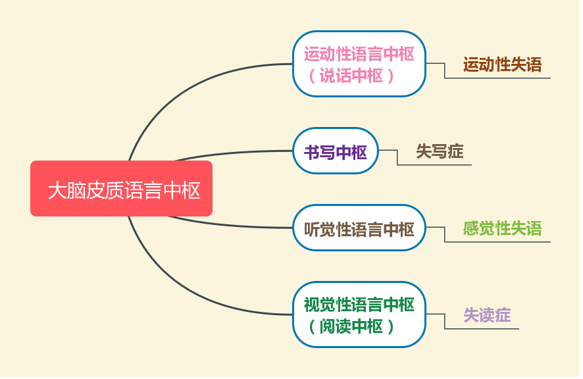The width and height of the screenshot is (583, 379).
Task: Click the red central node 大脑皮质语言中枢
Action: coord(122,189)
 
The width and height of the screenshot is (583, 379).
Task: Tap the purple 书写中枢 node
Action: coord(336,151)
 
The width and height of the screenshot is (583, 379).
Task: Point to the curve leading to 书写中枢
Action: coord(234,153)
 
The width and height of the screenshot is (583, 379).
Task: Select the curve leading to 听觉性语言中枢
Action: coord(230,224)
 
